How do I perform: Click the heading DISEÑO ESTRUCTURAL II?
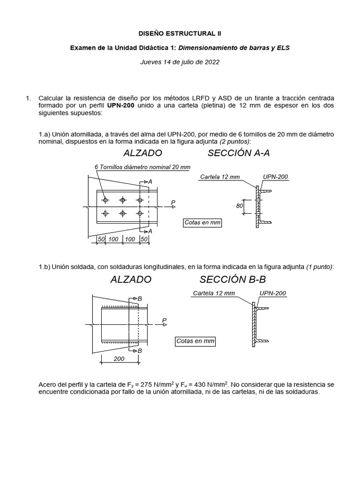pos(180,34)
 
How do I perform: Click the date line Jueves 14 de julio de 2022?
pos(180,61)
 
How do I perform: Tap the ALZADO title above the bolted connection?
pos(142,153)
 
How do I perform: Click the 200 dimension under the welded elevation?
pos(119,359)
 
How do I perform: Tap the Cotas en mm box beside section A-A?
pos(202,223)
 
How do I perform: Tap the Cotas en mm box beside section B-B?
pos(195,341)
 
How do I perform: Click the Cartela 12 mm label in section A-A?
pos(220,177)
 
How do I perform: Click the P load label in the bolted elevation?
pos(173,202)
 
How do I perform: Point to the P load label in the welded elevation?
pos(164,320)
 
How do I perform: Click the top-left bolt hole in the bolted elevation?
pos(105,200)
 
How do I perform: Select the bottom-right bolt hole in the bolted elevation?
pos(140,213)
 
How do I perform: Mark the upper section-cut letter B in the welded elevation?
pos(139,299)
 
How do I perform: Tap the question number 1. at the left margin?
pos(29,98)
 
